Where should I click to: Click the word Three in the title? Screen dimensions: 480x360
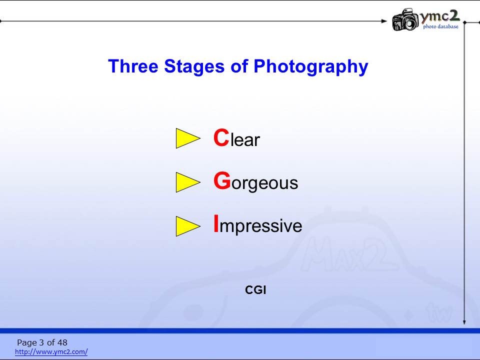pyautogui.click(x=133, y=66)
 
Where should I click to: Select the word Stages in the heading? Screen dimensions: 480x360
pyautogui.click(x=194, y=67)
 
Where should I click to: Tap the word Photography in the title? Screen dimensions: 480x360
pyautogui.click(x=310, y=67)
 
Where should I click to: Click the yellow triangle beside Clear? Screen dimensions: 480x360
pyautogui.click(x=188, y=138)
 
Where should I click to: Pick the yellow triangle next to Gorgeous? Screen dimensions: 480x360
pyautogui.click(x=188, y=182)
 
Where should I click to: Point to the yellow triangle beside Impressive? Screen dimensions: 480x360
pyautogui.click(x=188, y=226)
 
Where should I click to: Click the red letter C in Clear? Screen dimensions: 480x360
pyautogui.click(x=221, y=137)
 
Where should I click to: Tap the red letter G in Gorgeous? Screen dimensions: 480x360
pyautogui.click(x=222, y=180)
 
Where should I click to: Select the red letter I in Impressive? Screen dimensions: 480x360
pyautogui.click(x=216, y=224)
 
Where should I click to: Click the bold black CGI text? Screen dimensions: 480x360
pyautogui.click(x=255, y=290)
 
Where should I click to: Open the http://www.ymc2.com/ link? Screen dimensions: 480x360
pyautogui.click(x=51, y=351)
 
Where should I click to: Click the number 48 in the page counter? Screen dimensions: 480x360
pyautogui.click(x=62, y=342)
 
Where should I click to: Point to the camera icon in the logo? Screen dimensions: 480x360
pyautogui.click(x=405, y=19)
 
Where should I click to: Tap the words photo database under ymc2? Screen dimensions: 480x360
pyautogui.click(x=441, y=26)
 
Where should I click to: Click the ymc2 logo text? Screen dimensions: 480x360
pyautogui.click(x=439, y=16)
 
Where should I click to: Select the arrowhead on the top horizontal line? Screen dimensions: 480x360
pyautogui.click(x=384, y=21)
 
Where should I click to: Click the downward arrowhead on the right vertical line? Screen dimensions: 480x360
pyautogui.click(x=464, y=322)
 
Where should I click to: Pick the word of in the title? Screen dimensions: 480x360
pyautogui.click(x=239, y=66)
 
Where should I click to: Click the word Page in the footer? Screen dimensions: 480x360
pyautogui.click(x=26, y=342)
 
